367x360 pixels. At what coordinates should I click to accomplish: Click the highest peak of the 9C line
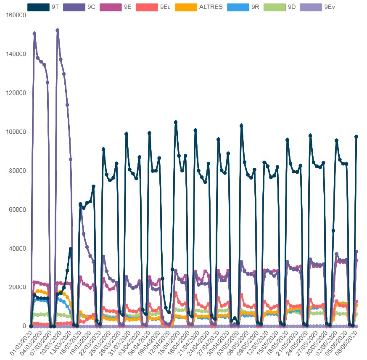(x=57, y=30)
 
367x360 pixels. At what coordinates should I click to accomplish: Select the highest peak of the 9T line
(x=176, y=122)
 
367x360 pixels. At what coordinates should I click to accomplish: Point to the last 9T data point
(x=356, y=137)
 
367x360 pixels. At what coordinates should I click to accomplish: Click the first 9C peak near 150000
(x=34, y=34)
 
